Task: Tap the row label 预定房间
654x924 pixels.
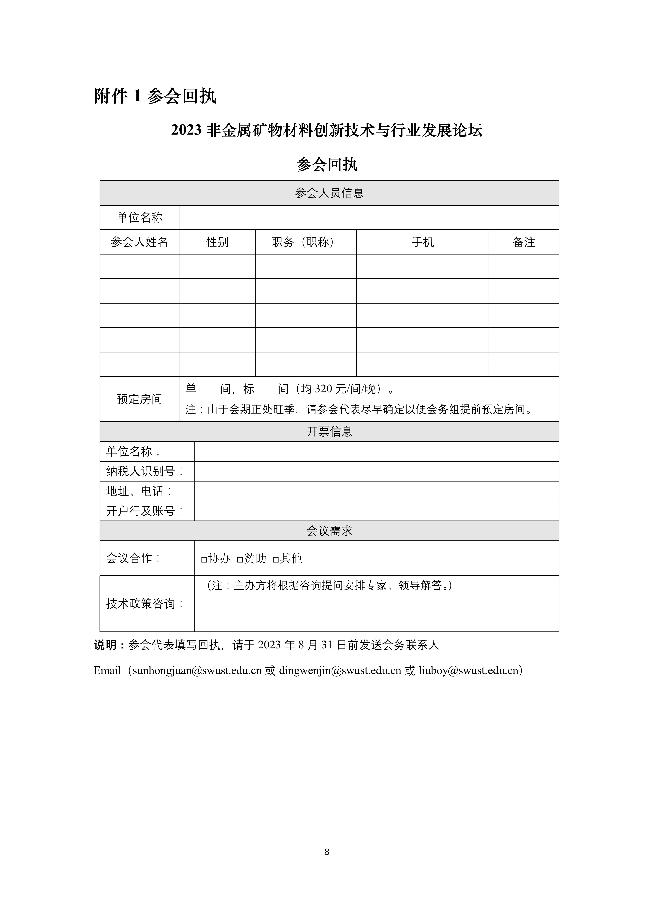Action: [139, 399]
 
